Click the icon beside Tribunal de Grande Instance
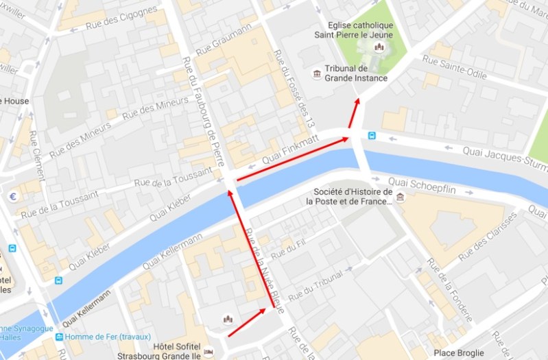coord(316,73)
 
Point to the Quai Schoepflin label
coord(442,184)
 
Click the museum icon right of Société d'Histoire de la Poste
coord(400,198)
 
